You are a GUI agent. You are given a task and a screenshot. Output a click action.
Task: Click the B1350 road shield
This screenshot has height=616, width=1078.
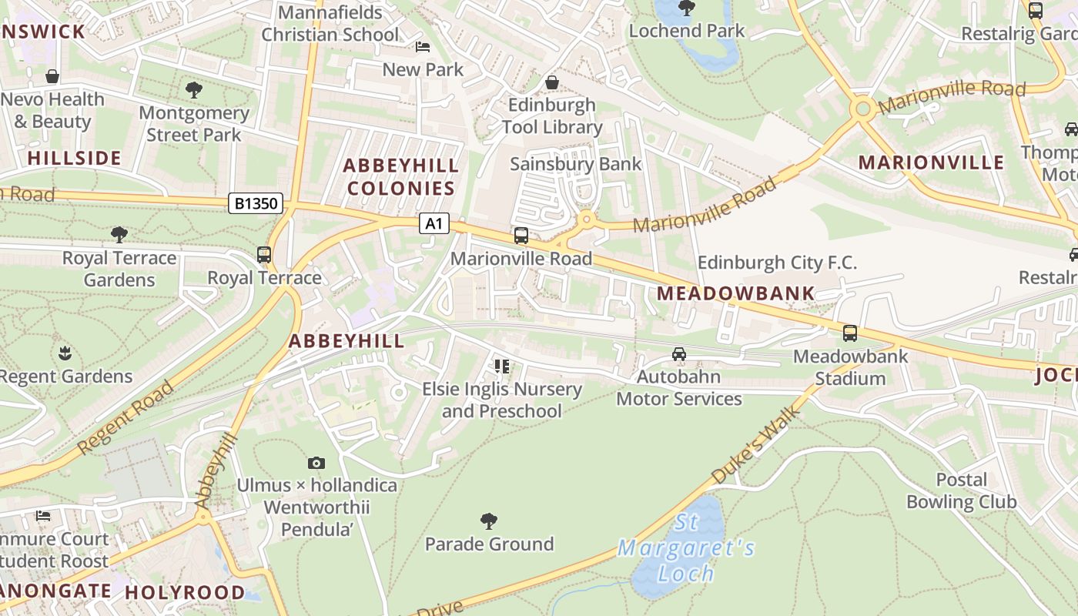256,204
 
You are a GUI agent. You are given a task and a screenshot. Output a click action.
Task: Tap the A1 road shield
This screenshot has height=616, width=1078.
434,223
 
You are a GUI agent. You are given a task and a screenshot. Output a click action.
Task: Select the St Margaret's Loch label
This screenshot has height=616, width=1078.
685,548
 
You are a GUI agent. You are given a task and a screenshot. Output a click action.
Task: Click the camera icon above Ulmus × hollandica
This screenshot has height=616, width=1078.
316,463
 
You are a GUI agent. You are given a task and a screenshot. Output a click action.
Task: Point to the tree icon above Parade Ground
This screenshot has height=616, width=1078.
488,521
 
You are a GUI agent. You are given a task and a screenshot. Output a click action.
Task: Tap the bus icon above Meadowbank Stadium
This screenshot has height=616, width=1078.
850,333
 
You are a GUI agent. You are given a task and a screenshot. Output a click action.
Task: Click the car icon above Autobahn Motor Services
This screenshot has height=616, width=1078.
678,354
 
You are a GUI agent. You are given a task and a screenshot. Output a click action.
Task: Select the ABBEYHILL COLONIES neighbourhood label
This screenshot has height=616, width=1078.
400,176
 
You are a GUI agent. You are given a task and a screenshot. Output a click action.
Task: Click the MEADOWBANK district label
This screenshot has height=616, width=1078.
735,293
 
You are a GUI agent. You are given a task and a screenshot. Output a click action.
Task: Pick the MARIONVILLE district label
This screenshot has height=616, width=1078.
931,162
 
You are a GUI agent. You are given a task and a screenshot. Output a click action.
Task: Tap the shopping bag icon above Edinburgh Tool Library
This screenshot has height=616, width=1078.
552,82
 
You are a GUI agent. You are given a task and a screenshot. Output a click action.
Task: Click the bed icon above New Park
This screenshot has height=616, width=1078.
423,47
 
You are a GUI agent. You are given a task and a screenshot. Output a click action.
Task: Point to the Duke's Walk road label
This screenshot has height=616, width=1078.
755,445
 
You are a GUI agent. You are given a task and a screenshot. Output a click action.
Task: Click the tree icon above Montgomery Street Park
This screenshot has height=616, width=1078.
194,90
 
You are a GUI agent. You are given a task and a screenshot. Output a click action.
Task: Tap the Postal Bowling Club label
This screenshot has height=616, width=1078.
961,490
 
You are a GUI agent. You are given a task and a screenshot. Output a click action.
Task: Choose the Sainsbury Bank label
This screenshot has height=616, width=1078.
575,163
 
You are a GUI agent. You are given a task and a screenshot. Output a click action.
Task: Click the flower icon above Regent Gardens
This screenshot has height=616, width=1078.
65,353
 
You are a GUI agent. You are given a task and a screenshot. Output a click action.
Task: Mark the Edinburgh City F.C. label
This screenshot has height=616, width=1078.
776,263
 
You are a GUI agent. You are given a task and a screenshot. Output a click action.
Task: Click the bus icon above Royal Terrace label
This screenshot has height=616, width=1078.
264,255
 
